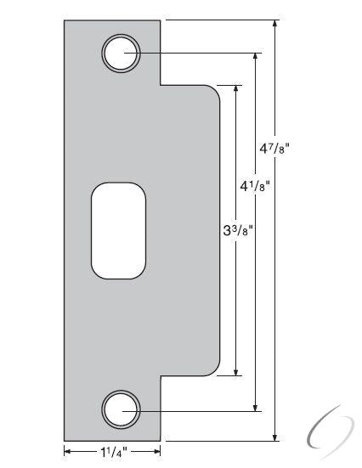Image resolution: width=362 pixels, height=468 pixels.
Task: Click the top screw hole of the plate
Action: click(122, 54)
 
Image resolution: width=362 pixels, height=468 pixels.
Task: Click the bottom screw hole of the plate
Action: click(122, 410)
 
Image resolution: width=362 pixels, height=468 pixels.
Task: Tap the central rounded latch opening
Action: click(118, 230)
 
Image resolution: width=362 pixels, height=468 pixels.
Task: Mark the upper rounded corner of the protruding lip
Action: click(216, 92)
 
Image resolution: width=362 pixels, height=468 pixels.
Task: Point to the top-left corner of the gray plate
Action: click(65, 20)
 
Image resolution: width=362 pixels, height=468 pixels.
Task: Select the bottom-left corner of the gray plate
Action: click(65, 441)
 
